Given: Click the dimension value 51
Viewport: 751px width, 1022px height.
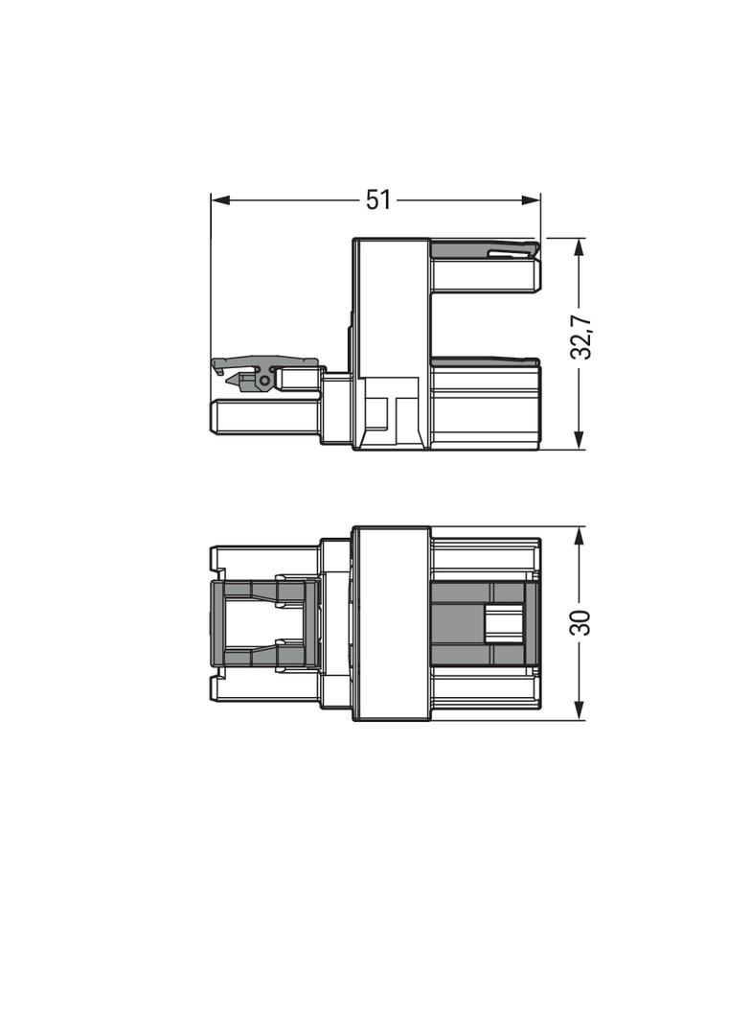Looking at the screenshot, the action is tap(377, 200).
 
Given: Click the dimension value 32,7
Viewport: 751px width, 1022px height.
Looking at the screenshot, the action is tap(580, 337).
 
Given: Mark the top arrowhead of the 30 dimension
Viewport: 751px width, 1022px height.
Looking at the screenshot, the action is tap(580, 537).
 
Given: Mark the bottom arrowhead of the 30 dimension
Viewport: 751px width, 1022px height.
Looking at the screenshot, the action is tap(580, 710).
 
